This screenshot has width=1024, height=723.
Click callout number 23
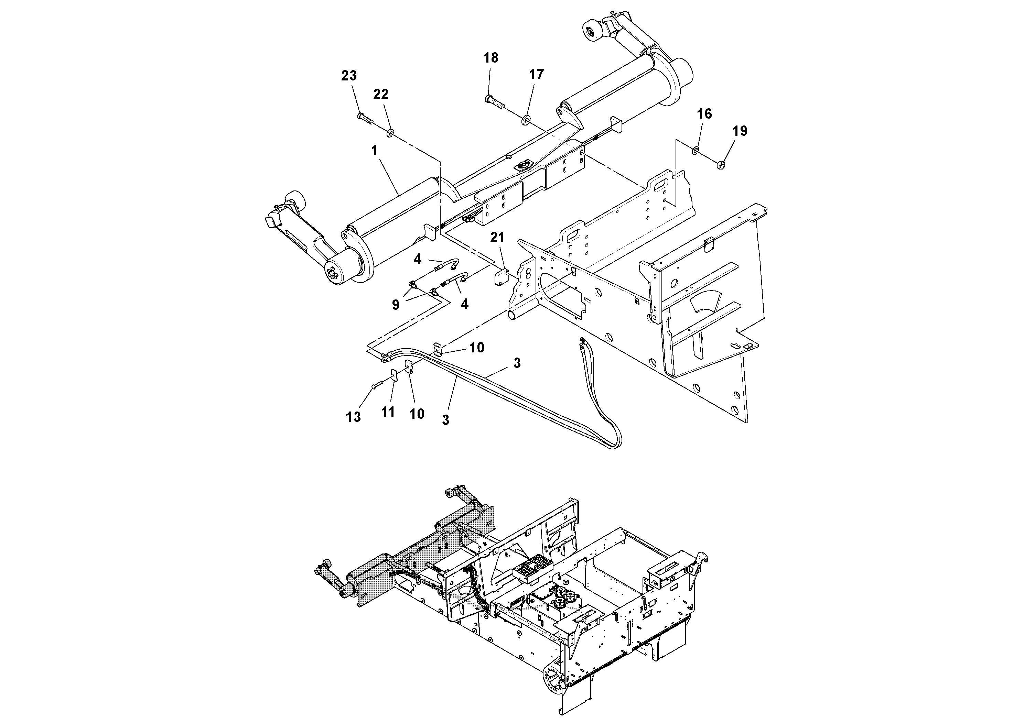pyautogui.click(x=349, y=76)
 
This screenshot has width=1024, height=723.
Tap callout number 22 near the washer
pyautogui.click(x=380, y=94)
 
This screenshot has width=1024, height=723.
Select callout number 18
pyautogui.click(x=491, y=58)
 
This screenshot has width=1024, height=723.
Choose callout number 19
pyautogui.click(x=740, y=131)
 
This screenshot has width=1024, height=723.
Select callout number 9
pyautogui.click(x=396, y=305)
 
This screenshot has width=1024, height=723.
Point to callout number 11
pyautogui.click(x=388, y=412)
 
